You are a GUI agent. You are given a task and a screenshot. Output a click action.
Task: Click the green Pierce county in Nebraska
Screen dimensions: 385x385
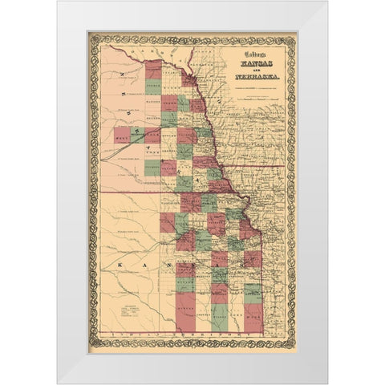152,87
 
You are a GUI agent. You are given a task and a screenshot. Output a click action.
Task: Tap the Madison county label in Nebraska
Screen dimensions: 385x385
152,99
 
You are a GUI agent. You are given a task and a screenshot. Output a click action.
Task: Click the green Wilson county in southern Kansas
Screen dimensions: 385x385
221,313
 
